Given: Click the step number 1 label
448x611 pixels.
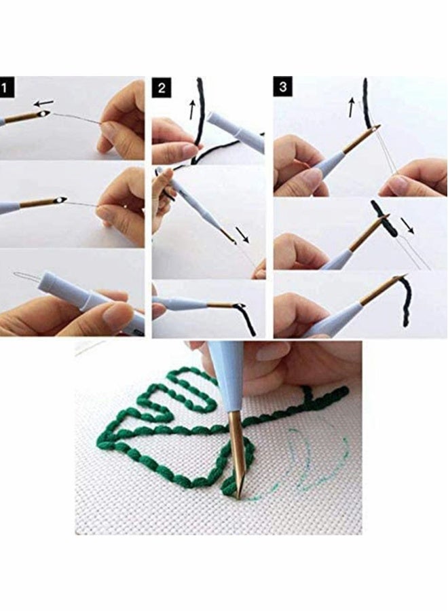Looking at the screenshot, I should pos(7,87).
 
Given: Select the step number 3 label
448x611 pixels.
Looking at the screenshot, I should pos(282,87).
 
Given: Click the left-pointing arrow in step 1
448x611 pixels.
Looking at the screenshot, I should pos(44,103).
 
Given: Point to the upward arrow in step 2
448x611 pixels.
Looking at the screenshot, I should pos(192,107).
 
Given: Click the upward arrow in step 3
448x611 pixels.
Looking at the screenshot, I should pos(351,107).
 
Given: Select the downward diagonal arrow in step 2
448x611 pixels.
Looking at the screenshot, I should pos(243,235).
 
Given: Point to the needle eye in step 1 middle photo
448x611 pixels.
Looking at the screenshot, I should pos(63,201).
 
